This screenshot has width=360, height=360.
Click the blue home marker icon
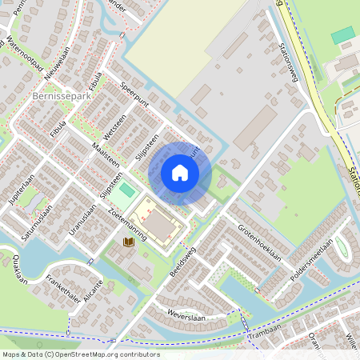pyautogui.click(x=180, y=172)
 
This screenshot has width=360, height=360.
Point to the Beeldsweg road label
pyautogui.click(x=182, y=261)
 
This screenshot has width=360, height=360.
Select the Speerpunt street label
pyautogui.click(x=135, y=93)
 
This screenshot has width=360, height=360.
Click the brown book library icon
pyautogui.click(x=127, y=241)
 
